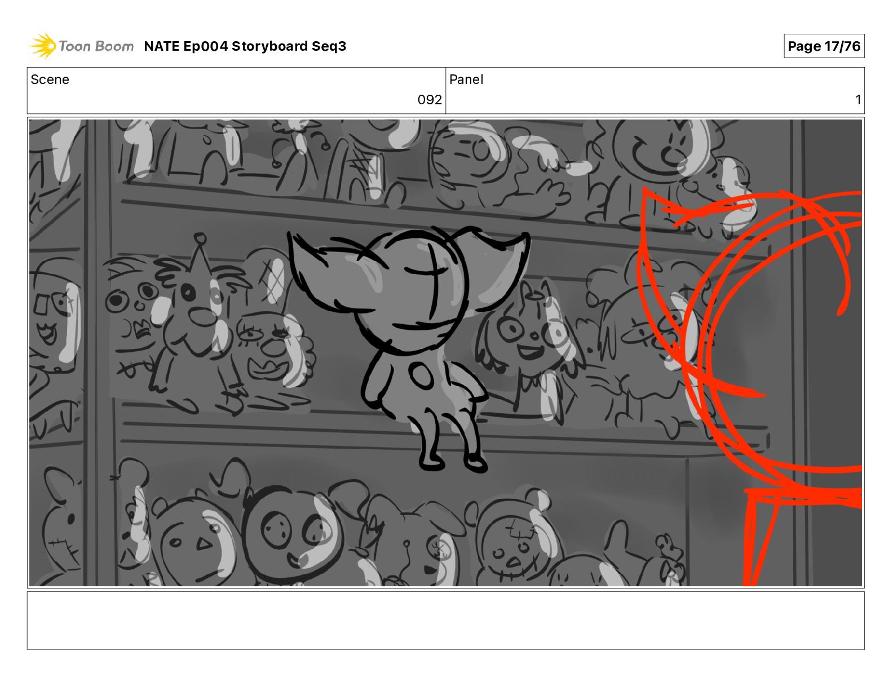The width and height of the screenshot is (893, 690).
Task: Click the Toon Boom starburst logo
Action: point(43,46)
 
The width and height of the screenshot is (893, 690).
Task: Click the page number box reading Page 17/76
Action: point(824,46)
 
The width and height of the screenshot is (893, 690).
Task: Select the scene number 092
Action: point(430,99)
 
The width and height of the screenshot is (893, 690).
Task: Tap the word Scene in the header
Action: point(50,79)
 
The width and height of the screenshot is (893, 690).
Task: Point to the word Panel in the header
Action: point(466,79)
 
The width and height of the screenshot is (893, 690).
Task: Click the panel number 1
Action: point(858,99)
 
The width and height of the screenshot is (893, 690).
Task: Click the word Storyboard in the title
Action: point(269,46)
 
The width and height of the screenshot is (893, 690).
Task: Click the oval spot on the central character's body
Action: point(421,375)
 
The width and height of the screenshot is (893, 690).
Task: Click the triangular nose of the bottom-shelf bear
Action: point(204,544)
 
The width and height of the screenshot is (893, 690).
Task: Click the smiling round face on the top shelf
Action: point(662,148)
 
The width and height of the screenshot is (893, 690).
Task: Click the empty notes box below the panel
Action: point(446,621)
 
